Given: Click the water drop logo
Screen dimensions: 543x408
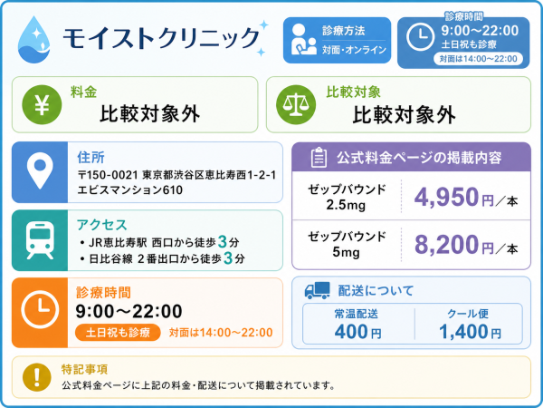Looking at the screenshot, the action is (x=33, y=40).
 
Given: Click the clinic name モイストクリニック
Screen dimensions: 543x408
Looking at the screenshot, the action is (x=161, y=37).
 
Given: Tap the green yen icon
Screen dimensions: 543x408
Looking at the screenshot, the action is (x=42, y=104).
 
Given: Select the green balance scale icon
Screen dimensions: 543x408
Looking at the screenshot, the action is (x=296, y=104).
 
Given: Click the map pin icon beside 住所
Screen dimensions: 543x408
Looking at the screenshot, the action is (x=40, y=170).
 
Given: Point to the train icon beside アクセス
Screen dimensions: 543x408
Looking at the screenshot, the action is (x=40, y=240).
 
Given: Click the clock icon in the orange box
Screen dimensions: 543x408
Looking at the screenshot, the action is (x=40, y=309).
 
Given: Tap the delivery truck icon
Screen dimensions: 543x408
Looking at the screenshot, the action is (x=318, y=290).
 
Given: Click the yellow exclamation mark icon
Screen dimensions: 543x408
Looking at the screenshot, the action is (x=37, y=377).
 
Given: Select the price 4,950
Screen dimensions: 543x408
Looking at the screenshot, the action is (x=446, y=197).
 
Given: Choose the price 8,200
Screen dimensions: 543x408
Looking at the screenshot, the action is (x=446, y=245).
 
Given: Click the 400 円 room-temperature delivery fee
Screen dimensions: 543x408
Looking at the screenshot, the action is (x=357, y=332).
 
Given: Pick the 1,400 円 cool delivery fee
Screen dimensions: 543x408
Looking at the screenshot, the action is (x=470, y=332).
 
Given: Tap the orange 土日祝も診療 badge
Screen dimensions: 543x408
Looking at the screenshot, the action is (x=118, y=333).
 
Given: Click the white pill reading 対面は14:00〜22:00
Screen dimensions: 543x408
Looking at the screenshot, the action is (x=478, y=59).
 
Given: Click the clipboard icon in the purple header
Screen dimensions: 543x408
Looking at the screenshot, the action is (x=319, y=158).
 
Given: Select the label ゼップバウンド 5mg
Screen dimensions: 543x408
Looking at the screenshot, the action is (x=347, y=244).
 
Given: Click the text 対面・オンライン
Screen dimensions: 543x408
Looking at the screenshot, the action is (x=354, y=50).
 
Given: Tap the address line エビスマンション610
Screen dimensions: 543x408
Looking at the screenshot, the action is (x=129, y=190).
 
